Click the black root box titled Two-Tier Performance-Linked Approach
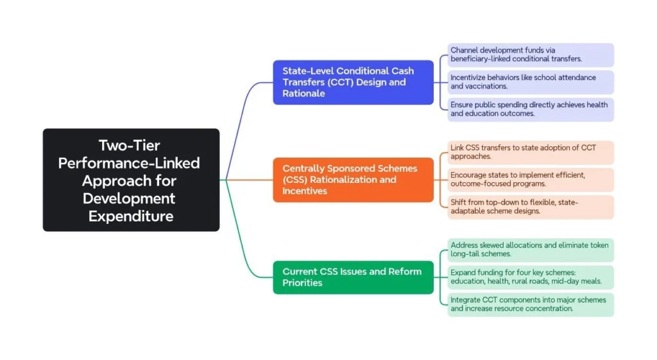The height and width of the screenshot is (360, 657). tap(131, 180)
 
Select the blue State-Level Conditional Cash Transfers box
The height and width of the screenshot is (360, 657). tap(353, 82)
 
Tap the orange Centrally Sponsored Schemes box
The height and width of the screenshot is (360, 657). tap(353, 180)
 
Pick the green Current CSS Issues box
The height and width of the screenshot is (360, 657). tap(353, 277)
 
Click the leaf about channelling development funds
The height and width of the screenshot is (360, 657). tap(530, 55)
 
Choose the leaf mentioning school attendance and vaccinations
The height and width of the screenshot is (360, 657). tap(530, 82)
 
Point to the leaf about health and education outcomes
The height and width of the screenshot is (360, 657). tap(530, 109)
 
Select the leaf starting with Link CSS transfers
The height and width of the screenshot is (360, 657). tap(530, 152)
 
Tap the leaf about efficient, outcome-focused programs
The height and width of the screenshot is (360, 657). tap(530, 180)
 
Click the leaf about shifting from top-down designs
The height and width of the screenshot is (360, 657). tap(530, 207)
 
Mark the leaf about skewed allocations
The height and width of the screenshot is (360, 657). tap(530, 250)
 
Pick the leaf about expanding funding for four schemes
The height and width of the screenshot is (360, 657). tap(530, 277)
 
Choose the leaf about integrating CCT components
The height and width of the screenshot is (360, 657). tap(530, 304)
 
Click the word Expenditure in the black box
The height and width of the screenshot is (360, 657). tap(131, 216)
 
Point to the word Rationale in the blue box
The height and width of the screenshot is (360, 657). tap(303, 94)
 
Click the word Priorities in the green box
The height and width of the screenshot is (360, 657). tap(302, 283)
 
